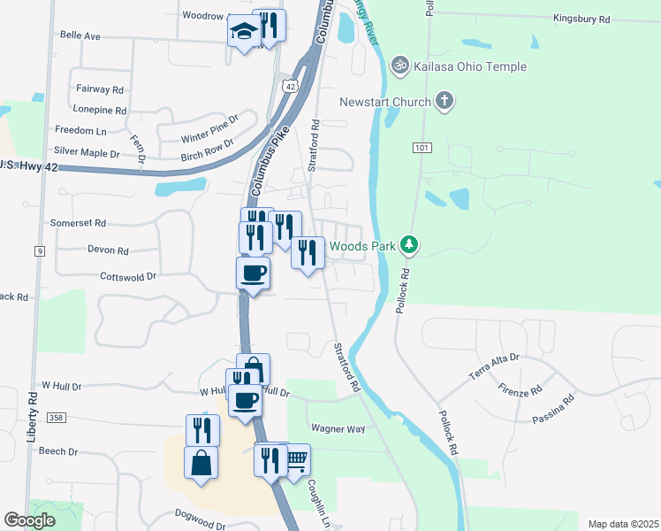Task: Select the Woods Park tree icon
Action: [x=408, y=243]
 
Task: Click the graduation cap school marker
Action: [x=242, y=34]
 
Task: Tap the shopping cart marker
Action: [x=296, y=459]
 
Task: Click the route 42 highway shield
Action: [x=290, y=84]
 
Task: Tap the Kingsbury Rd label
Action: [x=581, y=19]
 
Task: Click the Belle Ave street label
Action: [x=80, y=35]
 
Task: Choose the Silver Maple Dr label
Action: [x=87, y=153]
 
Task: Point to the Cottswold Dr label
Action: [x=128, y=276]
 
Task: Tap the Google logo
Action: [x=30, y=520]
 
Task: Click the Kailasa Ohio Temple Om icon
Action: [x=399, y=65]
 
